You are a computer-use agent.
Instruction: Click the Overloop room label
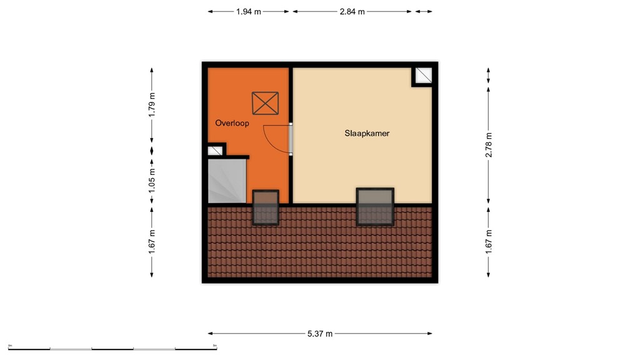(x=232, y=123)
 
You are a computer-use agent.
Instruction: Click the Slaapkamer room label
(x=367, y=133)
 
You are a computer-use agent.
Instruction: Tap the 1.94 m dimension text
(x=249, y=11)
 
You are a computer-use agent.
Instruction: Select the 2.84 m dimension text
(x=352, y=11)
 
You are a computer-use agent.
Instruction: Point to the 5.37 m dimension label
(x=319, y=333)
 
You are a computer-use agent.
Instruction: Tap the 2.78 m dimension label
(x=489, y=146)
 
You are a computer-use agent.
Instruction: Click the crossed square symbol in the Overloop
(x=265, y=103)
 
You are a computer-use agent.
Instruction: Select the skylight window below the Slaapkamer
(x=375, y=206)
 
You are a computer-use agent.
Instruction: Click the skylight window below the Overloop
(x=266, y=207)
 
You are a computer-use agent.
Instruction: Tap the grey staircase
(x=227, y=181)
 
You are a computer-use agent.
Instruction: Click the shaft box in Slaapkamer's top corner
(x=423, y=76)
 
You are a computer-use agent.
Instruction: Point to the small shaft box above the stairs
(x=215, y=150)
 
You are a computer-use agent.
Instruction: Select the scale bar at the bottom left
(x=112, y=347)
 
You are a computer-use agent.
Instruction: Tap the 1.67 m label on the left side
(x=151, y=242)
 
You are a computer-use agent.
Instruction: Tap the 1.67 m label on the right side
(x=489, y=242)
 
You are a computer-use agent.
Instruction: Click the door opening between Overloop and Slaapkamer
(x=291, y=138)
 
